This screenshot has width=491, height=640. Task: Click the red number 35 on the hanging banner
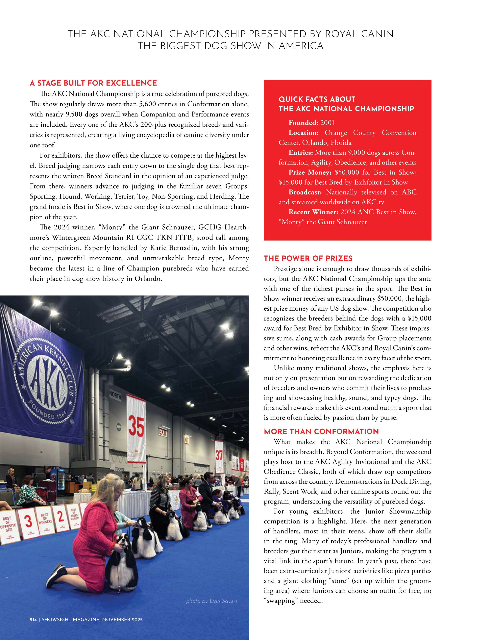(136, 426)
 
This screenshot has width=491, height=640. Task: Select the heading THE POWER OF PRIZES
(308, 258)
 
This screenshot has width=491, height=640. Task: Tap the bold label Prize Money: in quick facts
(310, 172)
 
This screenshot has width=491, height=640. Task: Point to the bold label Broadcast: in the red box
(305, 192)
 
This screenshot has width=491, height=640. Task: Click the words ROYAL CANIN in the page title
(359, 34)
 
